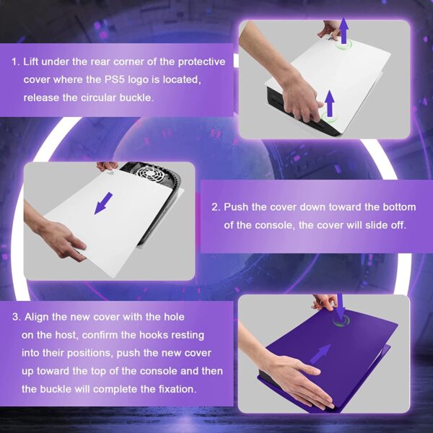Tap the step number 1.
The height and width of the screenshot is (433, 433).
tap(15, 61)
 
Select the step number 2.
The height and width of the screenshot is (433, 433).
tap(216, 207)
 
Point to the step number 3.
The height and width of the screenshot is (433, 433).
tap(16, 317)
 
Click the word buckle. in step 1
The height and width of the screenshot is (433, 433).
tap(136, 97)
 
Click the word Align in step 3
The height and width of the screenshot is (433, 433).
tap(37, 318)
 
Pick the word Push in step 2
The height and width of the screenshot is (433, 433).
tap(236, 207)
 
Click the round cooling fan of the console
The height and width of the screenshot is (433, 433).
tap(149, 173)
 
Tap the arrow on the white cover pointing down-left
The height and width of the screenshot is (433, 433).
tap(103, 203)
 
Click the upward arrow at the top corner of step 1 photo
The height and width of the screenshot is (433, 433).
tap(344, 30)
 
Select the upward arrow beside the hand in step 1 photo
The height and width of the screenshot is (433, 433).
tap(329, 103)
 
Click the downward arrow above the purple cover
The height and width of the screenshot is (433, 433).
tap(340, 306)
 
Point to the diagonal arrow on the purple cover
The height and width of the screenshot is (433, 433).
tap(320, 354)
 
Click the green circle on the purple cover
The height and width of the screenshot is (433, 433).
tap(341, 321)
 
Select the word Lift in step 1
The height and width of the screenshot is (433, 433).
tap(30, 61)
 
